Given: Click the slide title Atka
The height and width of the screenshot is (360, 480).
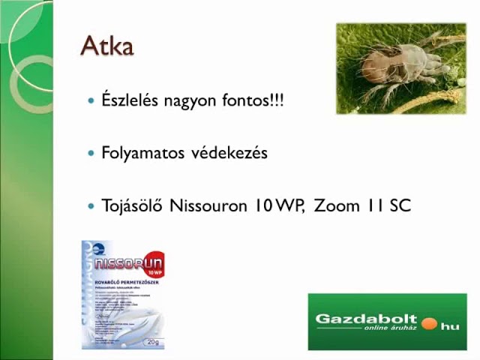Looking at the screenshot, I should click(107, 46).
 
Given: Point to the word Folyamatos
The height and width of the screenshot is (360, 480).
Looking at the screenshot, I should click(142, 153).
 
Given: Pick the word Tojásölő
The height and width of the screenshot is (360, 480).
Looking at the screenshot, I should click(132, 205).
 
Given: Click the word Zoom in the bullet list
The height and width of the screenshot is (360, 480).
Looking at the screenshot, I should click(336, 205).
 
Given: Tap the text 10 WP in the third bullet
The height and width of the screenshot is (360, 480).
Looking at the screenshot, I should click(277, 205).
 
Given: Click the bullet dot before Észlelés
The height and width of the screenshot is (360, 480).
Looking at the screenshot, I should click(91, 100).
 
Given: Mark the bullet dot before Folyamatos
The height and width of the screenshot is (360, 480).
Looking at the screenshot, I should click(91, 153).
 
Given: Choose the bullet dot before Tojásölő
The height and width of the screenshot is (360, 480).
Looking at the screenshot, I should click(91, 205).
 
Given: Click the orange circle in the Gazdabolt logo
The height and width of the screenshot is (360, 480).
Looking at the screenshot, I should click(429, 323).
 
